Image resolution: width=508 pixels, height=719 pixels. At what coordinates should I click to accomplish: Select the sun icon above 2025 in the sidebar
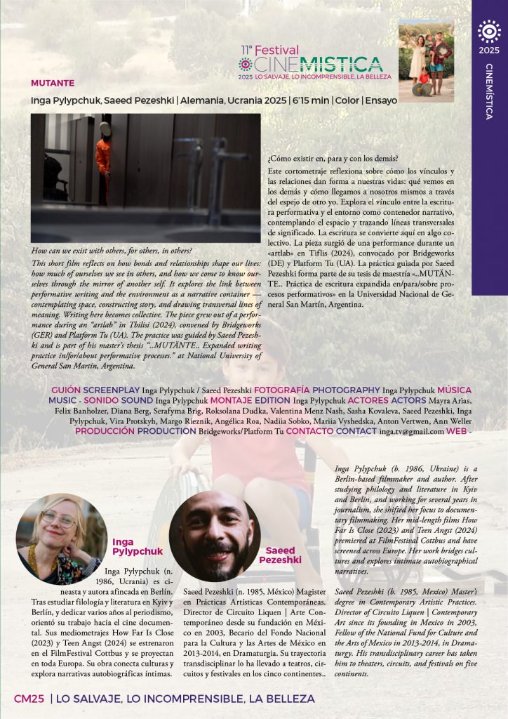click(x=488, y=32)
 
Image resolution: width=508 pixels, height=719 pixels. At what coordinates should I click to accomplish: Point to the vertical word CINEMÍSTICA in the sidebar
click(x=489, y=91)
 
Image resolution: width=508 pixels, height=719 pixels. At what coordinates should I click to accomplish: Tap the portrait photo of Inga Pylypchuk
click(x=62, y=539)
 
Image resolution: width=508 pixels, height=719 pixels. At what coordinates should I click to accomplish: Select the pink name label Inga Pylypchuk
click(x=138, y=546)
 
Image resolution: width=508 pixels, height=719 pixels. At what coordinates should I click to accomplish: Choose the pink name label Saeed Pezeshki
click(x=280, y=555)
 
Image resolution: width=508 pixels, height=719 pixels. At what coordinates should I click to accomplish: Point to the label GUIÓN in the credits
click(x=66, y=390)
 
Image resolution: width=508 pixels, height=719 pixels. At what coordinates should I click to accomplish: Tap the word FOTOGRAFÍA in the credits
click(x=281, y=390)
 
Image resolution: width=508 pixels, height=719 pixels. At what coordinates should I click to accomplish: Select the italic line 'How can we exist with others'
click(x=112, y=251)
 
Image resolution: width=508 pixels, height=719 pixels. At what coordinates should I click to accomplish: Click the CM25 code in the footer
click(x=29, y=699)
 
